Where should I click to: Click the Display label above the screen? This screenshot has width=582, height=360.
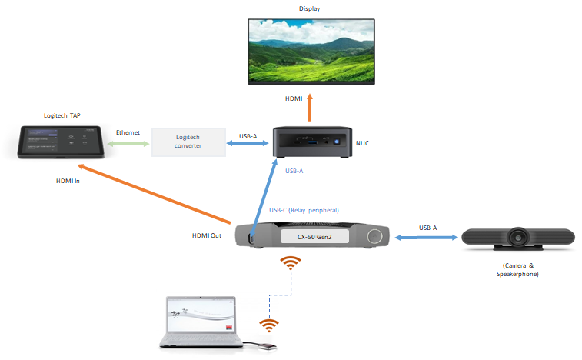[x=309, y=8]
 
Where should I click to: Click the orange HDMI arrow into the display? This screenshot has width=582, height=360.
[x=311, y=108]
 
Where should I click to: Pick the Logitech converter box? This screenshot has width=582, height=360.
[x=188, y=142]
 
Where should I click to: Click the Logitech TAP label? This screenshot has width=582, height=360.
[x=62, y=115]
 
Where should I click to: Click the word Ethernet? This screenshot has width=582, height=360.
[x=128, y=132]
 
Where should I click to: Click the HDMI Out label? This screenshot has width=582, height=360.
[x=207, y=235]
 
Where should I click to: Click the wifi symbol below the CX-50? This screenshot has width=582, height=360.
[x=290, y=265]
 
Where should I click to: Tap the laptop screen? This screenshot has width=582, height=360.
[x=201, y=318]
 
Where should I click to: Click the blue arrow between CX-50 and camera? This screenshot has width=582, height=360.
[x=427, y=238]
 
